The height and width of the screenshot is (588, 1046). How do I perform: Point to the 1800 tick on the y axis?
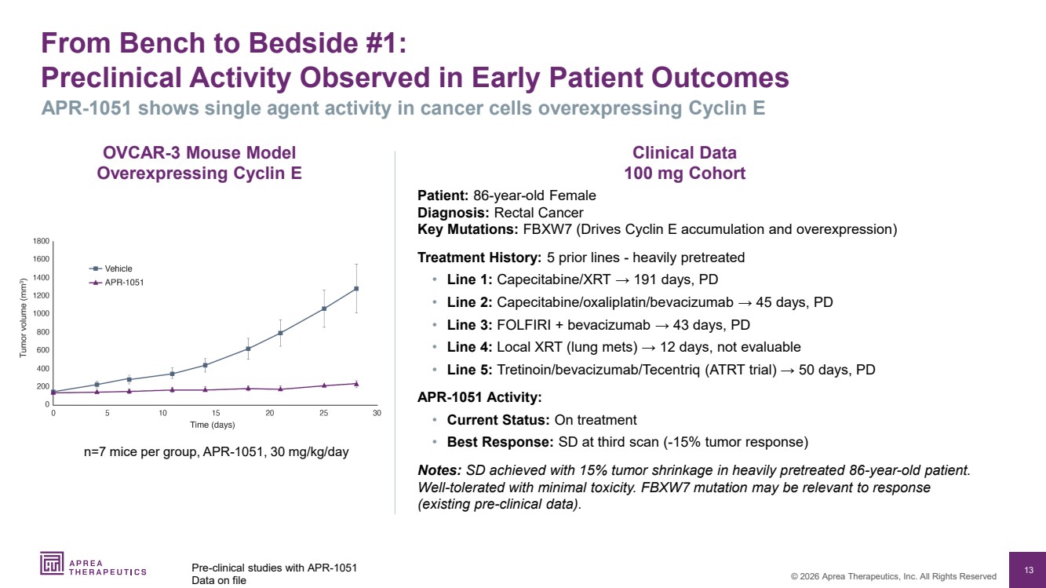click(41, 241)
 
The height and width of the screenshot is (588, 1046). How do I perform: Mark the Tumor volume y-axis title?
click(24, 322)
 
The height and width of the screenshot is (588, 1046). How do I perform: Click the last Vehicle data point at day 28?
click(356, 288)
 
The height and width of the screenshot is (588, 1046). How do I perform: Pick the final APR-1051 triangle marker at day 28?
click(356, 383)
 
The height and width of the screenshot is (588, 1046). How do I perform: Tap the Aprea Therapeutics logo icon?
click(52, 564)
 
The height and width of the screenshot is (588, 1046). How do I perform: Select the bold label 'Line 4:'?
click(469, 347)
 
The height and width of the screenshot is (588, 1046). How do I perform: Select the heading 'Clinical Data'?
click(684, 153)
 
